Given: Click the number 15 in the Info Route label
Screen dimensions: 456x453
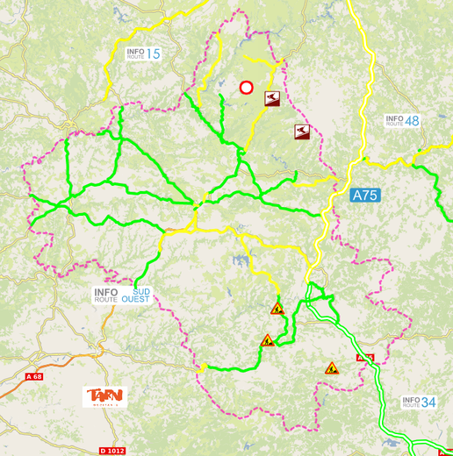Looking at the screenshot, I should tap(154, 54).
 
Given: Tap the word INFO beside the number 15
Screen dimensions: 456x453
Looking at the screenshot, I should tap(135, 51).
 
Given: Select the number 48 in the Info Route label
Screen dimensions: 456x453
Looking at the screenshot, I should tap(412, 120).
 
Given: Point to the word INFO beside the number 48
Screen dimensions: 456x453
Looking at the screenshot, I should tap(394, 118).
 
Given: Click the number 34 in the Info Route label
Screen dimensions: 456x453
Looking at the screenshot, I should tap(428, 403).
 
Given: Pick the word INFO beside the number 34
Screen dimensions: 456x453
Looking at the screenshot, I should tap(411, 399).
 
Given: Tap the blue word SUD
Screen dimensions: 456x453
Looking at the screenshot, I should tap(140, 290).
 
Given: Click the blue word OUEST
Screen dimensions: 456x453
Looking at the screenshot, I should tap(135, 299).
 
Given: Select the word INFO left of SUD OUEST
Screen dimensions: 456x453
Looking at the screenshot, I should tap(106, 291).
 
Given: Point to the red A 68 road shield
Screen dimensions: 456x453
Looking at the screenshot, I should tap(34, 376).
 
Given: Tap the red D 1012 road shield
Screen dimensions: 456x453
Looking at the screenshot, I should tap(112, 451).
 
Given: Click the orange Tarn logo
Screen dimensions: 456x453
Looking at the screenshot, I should tap(105, 397).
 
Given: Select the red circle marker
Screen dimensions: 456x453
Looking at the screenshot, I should tap(247, 88).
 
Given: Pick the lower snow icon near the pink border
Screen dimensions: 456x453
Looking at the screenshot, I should tap(302, 132).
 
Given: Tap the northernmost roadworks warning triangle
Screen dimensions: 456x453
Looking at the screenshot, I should tap(277, 309).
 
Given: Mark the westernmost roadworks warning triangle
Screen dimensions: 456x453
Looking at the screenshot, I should tap(267, 340).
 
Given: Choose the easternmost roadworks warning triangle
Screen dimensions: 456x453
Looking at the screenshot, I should tap(332, 368).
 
